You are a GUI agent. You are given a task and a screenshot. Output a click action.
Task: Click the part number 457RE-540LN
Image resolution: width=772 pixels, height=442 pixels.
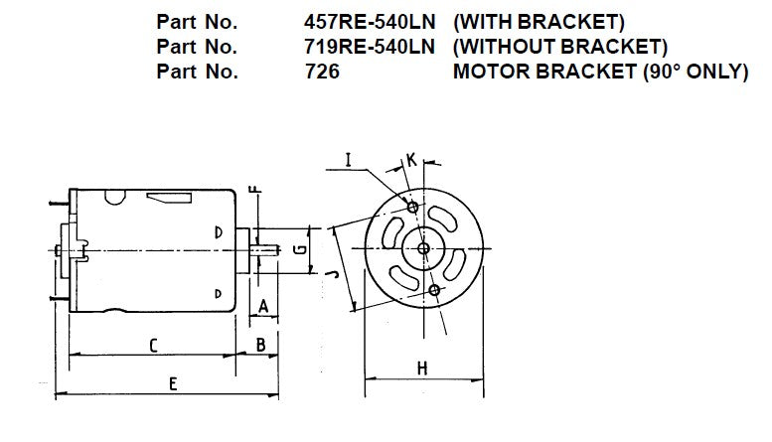click(370, 21)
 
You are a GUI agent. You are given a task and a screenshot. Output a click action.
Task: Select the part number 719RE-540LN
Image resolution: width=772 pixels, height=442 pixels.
click(370, 46)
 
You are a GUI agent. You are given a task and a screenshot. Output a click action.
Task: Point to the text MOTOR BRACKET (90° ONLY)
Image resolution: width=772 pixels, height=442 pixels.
click(599, 72)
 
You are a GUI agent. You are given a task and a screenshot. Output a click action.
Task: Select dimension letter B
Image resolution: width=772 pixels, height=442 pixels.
click(259, 345)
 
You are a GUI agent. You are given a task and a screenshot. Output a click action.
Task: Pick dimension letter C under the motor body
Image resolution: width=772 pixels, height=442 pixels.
click(153, 345)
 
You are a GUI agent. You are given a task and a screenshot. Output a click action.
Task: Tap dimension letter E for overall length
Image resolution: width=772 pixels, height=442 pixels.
click(173, 382)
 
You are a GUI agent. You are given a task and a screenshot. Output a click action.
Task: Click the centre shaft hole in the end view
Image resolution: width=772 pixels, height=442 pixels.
click(423, 247)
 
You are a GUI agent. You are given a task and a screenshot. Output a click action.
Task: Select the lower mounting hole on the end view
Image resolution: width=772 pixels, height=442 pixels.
click(435, 289)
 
